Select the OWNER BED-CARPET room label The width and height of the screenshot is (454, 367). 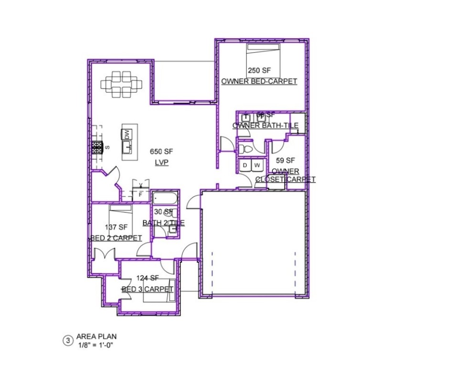259,81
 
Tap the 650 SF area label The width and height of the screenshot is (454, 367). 161,151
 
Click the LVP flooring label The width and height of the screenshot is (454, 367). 162,162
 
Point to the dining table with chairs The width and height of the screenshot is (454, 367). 122,85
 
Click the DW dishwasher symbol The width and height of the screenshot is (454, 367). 127,135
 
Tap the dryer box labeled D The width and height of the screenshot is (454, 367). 245,165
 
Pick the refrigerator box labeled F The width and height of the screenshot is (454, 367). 140,194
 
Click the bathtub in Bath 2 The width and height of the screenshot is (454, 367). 165,197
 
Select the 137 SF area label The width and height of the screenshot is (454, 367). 116,227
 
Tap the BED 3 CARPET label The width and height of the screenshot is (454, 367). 148,289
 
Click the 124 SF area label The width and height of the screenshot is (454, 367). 147,278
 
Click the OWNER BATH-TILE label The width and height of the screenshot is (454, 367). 265,126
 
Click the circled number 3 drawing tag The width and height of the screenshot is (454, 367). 68,340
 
